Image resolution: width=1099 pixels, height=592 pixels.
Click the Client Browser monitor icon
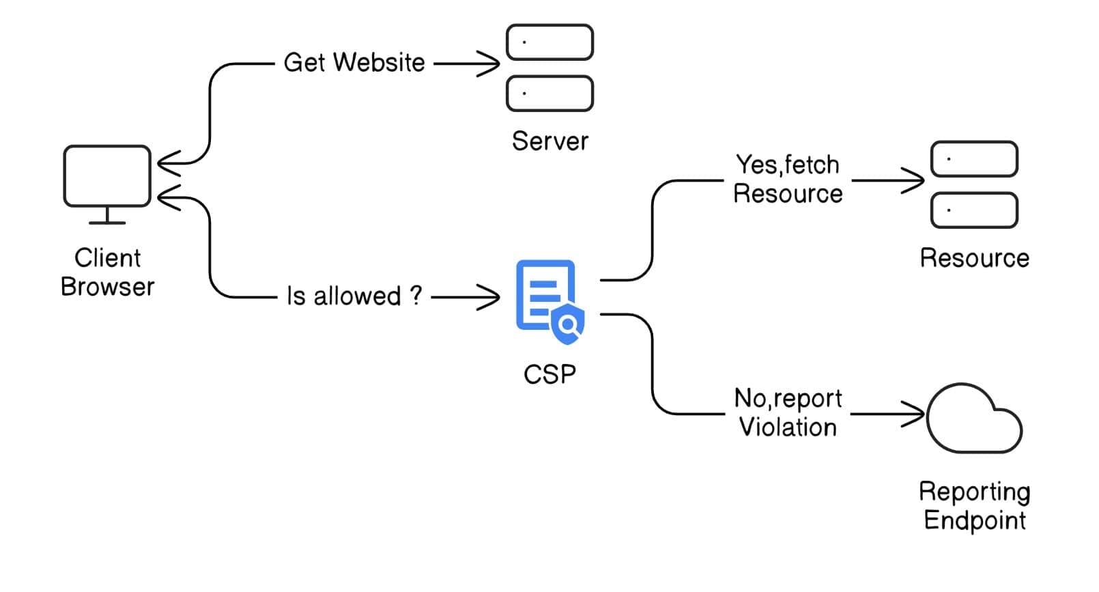[107, 176]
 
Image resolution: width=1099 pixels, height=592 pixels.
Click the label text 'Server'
[549, 141]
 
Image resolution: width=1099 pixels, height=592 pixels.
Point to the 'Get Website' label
[354, 63]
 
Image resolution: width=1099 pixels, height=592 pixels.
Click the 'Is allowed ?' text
[354, 296]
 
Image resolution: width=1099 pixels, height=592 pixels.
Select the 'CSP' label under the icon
[549, 374]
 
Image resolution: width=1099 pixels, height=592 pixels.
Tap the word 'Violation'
[788, 427]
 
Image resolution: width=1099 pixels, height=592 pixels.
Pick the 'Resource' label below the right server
[974, 258]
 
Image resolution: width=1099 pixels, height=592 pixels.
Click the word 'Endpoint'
[974, 520]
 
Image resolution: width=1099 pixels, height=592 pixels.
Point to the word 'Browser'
[107, 287]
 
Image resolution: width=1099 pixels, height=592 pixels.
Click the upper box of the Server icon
[549, 42]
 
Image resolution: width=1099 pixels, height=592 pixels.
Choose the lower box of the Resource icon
[974, 210]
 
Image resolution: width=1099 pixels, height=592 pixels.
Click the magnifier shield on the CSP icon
[568, 325]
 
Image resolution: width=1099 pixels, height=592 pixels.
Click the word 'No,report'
[788, 399]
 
